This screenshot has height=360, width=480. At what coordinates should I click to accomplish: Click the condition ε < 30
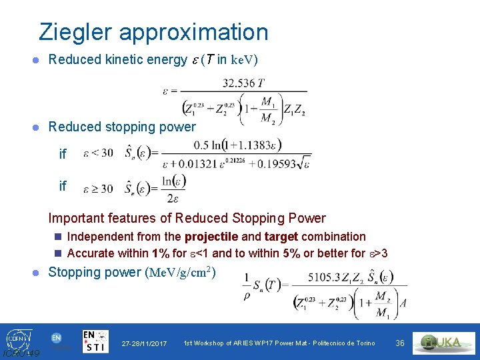pos(98,154)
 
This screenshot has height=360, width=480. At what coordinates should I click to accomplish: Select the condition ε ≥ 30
pos(98,189)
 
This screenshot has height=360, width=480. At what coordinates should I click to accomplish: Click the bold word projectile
pos(211,237)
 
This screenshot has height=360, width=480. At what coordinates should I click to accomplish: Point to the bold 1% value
pos(160,253)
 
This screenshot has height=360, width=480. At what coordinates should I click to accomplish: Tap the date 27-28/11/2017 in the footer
pos(144,343)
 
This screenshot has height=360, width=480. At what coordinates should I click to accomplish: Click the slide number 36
pos(400,343)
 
